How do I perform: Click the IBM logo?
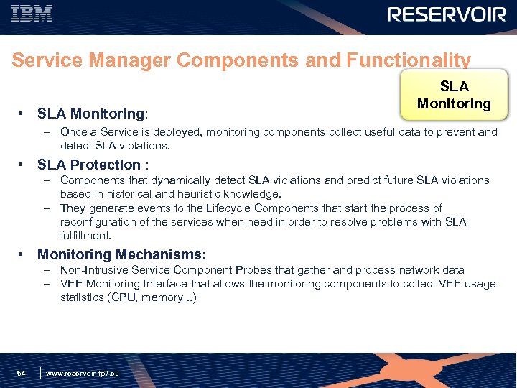click(x=32, y=14)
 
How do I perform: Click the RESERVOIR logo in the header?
click(x=447, y=14)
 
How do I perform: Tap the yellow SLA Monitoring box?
click(x=454, y=95)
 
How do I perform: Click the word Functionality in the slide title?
click(x=409, y=60)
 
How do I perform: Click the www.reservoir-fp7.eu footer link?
click(x=83, y=374)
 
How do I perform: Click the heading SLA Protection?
click(x=88, y=165)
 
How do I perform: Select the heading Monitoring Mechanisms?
click(x=121, y=254)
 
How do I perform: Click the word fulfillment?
click(x=85, y=236)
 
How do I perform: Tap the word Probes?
click(x=274, y=270)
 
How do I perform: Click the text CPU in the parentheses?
click(x=121, y=297)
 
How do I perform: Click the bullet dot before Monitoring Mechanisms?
click(x=23, y=254)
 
